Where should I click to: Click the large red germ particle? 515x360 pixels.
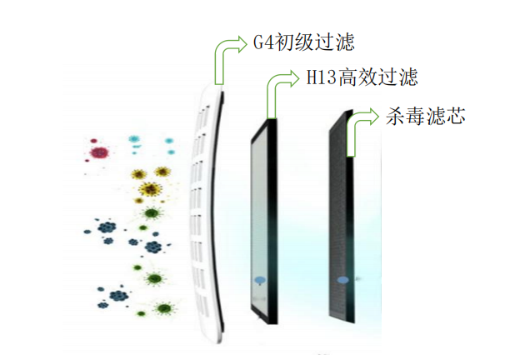(101, 152)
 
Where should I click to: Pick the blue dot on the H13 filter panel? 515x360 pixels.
(258, 282)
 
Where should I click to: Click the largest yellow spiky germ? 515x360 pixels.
(149, 189)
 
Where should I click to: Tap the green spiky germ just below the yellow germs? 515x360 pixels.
(151, 212)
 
